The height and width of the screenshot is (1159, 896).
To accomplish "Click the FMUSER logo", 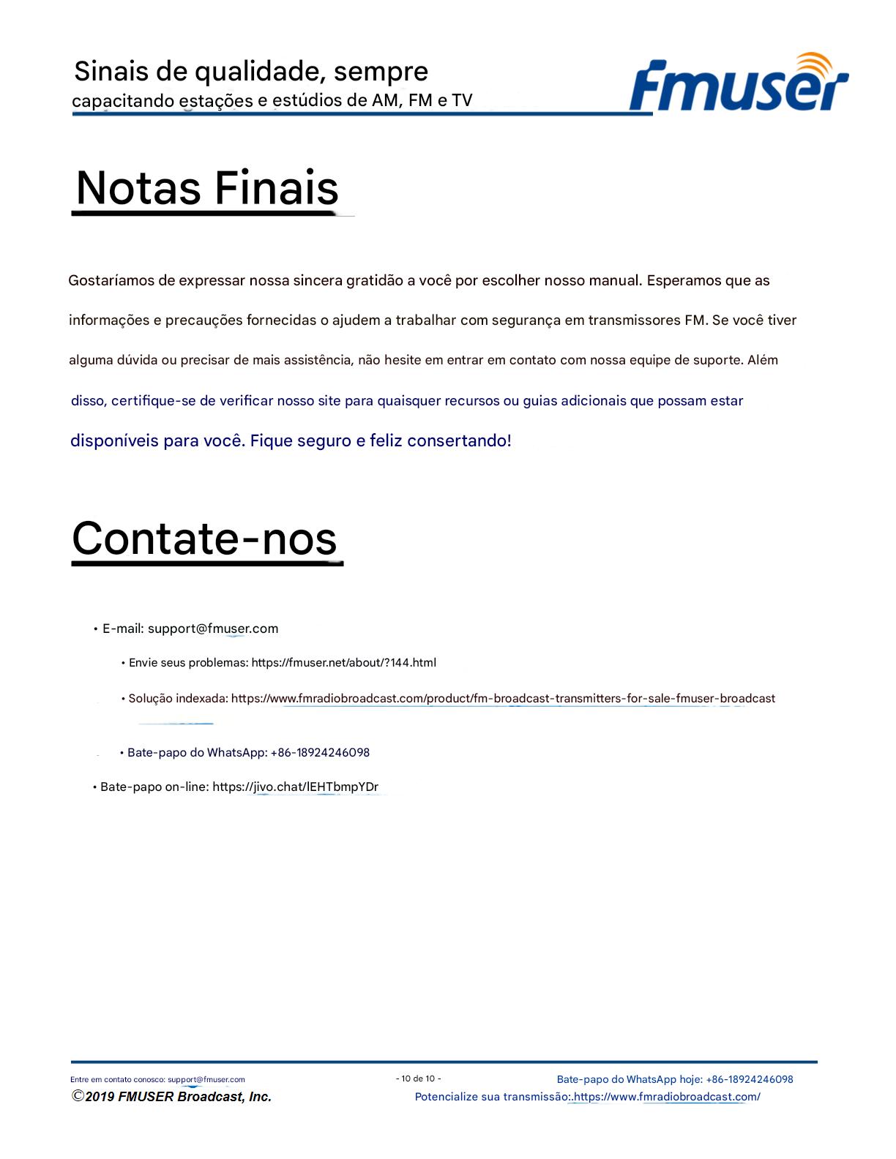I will pyautogui.click(x=738, y=85).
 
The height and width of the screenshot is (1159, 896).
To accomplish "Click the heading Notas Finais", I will pyautogui.click(x=207, y=188).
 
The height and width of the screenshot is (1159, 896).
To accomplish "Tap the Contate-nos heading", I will pyautogui.click(x=204, y=539).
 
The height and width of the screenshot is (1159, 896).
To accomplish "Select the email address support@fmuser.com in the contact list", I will pyautogui.click(x=213, y=629).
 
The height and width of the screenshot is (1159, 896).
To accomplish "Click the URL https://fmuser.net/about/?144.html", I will pyautogui.click(x=343, y=663).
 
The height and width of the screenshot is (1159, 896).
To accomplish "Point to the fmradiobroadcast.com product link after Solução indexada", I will pyautogui.click(x=503, y=699).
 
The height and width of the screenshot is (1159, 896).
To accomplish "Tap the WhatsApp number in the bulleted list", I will pyautogui.click(x=320, y=753).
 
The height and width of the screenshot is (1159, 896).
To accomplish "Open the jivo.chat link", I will pyautogui.click(x=295, y=787).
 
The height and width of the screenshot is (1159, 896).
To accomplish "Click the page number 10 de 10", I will pyautogui.click(x=419, y=1079).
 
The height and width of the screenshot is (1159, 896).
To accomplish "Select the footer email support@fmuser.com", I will pyautogui.click(x=206, y=1079).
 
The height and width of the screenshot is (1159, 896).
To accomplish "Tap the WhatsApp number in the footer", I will pyautogui.click(x=750, y=1079).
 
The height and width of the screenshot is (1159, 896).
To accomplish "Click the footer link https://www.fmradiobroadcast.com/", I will pyautogui.click(x=668, y=1097).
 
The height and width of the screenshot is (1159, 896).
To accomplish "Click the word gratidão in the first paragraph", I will pyautogui.click(x=375, y=280).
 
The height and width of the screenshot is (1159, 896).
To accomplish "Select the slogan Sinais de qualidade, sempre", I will pyautogui.click(x=251, y=72).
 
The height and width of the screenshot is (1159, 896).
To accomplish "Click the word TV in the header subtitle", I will pyautogui.click(x=462, y=100).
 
